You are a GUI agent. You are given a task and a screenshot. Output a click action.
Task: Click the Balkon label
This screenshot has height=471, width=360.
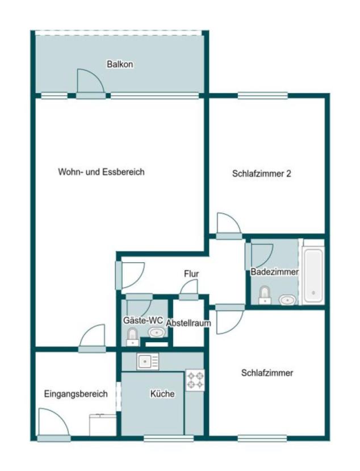click(120, 64)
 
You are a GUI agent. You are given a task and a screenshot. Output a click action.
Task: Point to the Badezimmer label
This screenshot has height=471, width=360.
click(274, 272)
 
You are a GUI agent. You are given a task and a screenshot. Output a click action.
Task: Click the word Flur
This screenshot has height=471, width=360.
click(191, 274)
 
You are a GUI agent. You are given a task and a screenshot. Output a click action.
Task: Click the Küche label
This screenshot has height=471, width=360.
click(162, 393)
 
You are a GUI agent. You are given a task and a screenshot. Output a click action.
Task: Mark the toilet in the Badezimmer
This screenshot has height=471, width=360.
click(264, 296)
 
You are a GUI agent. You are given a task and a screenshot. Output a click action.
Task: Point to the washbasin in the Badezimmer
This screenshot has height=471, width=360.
click(287, 298)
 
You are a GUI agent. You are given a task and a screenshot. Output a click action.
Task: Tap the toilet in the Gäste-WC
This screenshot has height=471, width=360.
click(132, 337)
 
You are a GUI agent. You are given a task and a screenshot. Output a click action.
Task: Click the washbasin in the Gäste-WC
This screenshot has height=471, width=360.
click(155, 333)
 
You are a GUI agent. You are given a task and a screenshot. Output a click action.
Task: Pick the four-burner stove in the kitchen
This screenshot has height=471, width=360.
click(195, 380)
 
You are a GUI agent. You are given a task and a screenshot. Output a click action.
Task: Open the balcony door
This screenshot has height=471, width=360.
click(90, 84)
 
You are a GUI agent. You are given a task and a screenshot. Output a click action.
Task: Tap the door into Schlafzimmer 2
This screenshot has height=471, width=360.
click(229, 226)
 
